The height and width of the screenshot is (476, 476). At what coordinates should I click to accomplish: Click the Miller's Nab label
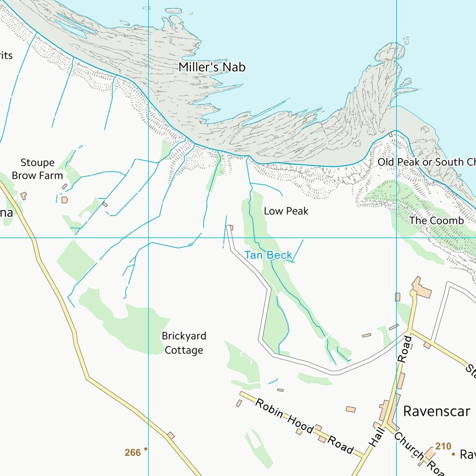tap(212, 67)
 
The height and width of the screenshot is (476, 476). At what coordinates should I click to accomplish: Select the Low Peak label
tap(286, 211)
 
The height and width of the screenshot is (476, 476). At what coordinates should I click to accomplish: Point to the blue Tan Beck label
tap(268, 255)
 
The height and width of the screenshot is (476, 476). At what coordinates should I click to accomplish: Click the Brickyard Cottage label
tap(183, 343)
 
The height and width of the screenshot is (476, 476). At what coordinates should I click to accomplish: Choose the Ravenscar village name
tap(436, 412)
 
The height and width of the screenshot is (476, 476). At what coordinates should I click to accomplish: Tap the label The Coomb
tap(436, 221)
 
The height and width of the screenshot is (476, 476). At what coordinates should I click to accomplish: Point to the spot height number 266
tap(133, 453)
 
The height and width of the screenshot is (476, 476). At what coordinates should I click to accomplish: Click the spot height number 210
tap(443, 446)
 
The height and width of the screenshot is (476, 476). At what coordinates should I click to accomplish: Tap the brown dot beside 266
tap(146, 448)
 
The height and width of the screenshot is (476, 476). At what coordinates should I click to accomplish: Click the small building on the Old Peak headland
tap(390, 134)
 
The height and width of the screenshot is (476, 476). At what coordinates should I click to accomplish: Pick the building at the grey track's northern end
tap(231, 227)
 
